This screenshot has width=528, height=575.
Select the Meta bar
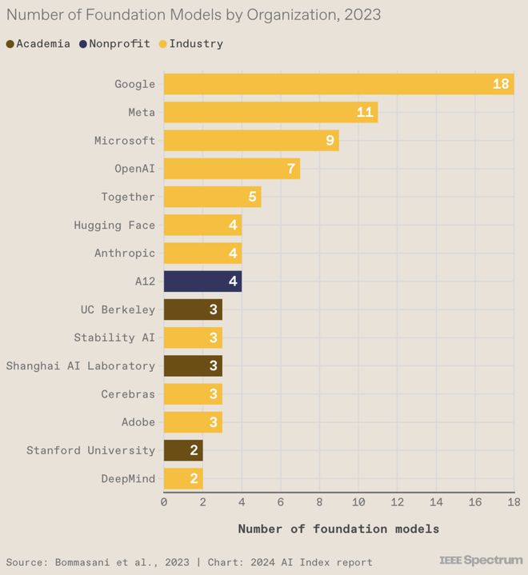(x=270, y=112)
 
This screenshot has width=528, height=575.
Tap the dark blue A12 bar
(x=202, y=282)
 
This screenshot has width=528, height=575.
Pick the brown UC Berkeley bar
(x=193, y=309)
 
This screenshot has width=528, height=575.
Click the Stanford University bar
(x=183, y=450)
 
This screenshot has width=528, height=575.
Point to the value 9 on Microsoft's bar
(x=330, y=141)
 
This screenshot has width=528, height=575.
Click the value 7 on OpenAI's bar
(x=291, y=169)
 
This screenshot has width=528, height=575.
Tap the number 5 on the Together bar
(x=252, y=197)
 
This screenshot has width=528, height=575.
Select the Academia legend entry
(x=38, y=44)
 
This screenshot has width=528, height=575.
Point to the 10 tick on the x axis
(x=358, y=502)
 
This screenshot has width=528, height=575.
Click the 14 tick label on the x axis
(x=436, y=502)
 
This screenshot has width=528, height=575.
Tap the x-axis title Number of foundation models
(x=338, y=529)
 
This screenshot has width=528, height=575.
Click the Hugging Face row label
(x=114, y=226)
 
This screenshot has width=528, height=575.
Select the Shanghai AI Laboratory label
(x=81, y=365)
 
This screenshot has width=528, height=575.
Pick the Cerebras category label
(x=128, y=394)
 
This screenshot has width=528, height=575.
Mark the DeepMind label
(x=128, y=478)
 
